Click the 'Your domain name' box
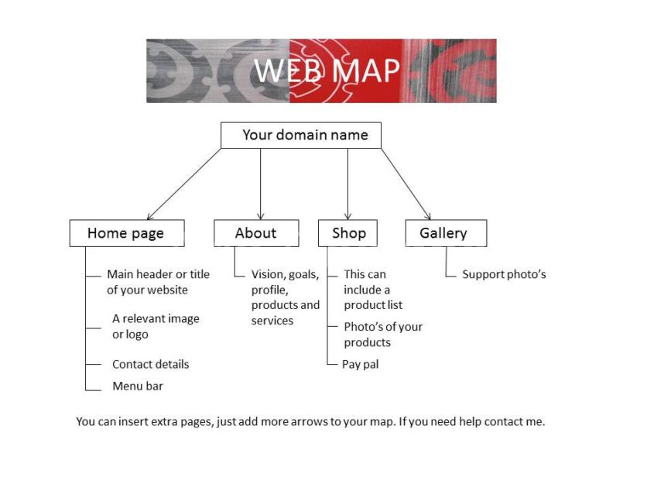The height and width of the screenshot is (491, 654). [x=301, y=135]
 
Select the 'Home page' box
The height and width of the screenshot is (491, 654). [x=127, y=233]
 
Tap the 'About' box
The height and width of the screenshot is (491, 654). [x=256, y=233]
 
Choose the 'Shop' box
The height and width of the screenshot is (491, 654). [x=348, y=233]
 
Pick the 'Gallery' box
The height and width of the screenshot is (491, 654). [x=446, y=233]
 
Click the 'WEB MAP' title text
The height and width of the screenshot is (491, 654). [x=327, y=70]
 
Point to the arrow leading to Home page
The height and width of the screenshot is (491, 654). [x=184, y=184]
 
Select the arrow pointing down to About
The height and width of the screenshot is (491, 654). [x=261, y=184]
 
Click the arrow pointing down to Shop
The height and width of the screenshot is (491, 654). [x=348, y=184]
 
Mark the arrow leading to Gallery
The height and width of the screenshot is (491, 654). [x=406, y=184]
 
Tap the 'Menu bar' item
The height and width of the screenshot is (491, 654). [x=138, y=386]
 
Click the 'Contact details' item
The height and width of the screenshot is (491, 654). [x=150, y=364]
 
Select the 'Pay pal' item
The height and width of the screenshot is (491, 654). [x=361, y=364]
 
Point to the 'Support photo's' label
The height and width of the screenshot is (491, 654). [x=504, y=274]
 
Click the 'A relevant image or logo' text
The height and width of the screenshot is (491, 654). [x=155, y=326]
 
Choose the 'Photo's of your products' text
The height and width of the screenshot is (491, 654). [x=383, y=335]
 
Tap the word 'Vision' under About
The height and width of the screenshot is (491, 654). [x=267, y=274]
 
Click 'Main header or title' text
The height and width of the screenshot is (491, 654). [x=158, y=274]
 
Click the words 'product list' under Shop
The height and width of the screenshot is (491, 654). [x=373, y=305]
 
